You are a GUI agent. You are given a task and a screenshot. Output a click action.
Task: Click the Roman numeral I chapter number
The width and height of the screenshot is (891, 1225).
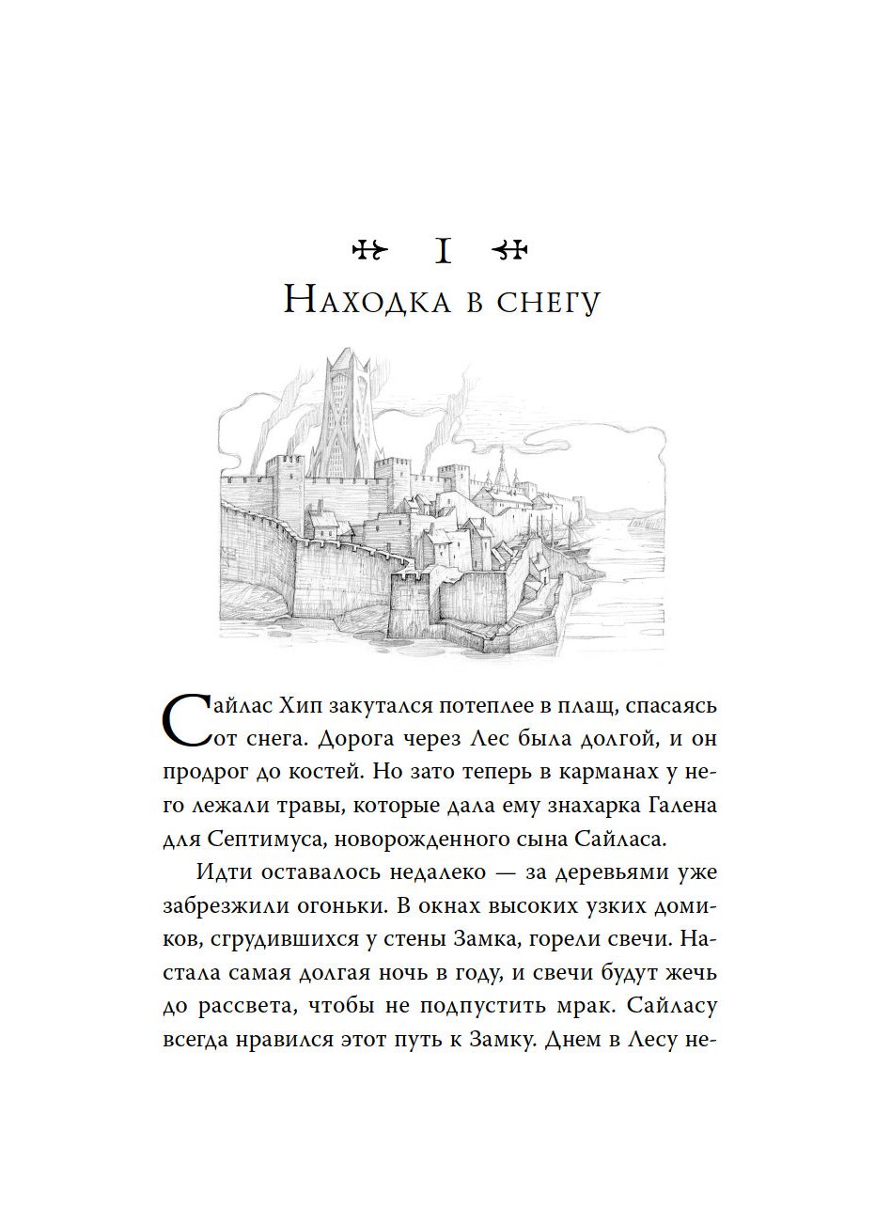pos(444,251)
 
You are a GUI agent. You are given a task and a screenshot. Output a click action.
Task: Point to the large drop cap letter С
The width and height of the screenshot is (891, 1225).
pos(193,721)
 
